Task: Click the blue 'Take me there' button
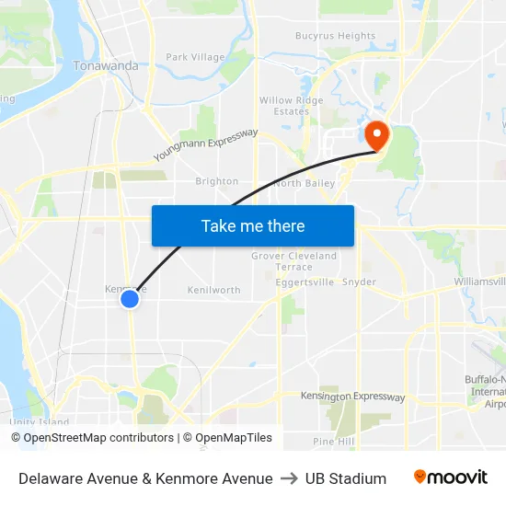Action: [252, 225]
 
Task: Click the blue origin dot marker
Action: [130, 299]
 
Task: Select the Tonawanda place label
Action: [106, 65]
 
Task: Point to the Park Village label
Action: [195, 57]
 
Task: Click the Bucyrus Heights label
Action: [335, 37]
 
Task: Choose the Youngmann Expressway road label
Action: [205, 144]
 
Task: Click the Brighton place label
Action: [217, 181]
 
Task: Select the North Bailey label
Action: [304, 183]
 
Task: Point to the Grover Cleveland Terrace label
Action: [294, 261]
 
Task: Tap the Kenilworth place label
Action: [213, 290]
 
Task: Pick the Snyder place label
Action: [359, 282]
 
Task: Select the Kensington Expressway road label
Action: [352, 397]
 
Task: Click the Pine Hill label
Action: [333, 442]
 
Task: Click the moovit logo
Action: [450, 477]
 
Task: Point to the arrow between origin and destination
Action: [289, 478]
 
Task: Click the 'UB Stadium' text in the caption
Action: [346, 478]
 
